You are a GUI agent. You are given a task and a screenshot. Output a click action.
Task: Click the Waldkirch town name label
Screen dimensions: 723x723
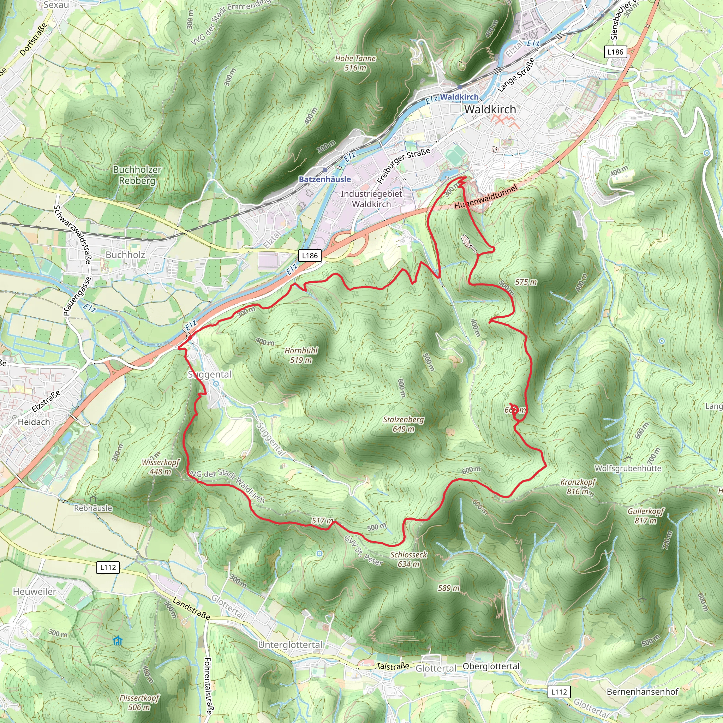(490, 109)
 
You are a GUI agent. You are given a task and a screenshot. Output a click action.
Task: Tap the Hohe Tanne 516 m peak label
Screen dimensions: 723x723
(355, 63)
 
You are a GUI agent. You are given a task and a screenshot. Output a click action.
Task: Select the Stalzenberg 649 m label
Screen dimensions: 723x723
(404, 424)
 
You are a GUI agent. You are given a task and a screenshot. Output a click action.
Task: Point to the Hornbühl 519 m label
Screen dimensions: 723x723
(301, 355)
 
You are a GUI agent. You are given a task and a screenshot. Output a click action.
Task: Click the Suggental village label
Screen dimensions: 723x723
(210, 375)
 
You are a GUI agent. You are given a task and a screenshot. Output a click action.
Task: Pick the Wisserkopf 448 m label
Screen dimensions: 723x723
(160, 467)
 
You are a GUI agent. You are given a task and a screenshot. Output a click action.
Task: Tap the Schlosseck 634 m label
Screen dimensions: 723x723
(408, 559)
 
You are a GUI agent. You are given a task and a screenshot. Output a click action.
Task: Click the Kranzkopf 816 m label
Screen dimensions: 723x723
(578, 486)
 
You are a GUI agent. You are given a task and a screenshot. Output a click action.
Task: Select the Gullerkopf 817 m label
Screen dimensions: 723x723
(646, 516)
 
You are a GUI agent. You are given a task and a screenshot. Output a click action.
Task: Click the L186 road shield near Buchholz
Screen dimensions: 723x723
(310, 256)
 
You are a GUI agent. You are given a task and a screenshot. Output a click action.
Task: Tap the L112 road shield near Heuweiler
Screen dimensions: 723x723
(108, 567)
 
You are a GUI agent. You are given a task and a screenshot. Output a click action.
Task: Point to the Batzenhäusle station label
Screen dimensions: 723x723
(324, 179)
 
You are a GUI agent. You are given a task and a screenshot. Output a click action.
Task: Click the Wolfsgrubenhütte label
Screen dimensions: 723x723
(628, 468)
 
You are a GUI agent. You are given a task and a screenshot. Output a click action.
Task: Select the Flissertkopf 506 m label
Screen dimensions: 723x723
(139, 703)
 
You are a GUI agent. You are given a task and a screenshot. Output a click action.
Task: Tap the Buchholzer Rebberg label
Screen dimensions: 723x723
(137, 175)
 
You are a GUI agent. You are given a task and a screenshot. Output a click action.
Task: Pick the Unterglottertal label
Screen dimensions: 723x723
(290, 645)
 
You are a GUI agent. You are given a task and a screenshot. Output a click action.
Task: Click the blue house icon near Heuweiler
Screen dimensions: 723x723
(118, 641)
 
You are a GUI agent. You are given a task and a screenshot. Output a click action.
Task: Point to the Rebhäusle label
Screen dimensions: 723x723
(93, 508)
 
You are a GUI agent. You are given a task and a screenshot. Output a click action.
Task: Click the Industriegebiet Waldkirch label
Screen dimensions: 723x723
(371, 199)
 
